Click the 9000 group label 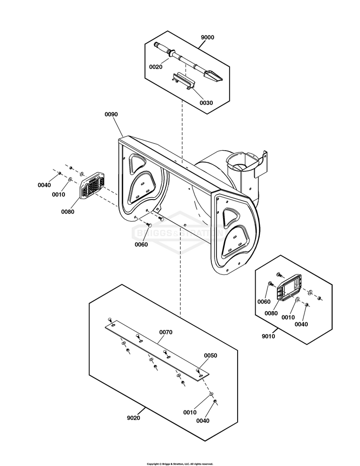point(208,37)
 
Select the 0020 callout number point(156,67)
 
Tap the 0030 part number point(206,103)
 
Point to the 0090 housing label point(111,114)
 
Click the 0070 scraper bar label point(166,332)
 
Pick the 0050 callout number point(211,355)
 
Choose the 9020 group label point(133,418)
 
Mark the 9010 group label point(268,336)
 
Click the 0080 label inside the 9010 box point(271,313)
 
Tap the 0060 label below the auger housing point(141,245)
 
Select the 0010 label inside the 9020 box point(190,412)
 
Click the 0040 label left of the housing point(44,185)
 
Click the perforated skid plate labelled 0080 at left point(92,185)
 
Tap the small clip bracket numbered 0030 point(183,80)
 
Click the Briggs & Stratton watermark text point(179,233)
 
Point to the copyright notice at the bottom point(180,464)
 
